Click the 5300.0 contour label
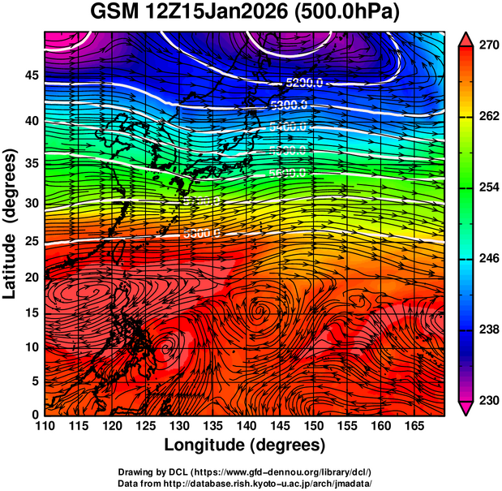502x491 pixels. (288, 105)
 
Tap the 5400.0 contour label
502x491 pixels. (288, 127)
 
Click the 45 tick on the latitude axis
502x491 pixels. (31, 75)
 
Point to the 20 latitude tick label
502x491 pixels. (31, 278)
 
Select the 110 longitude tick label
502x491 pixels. (45, 426)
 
